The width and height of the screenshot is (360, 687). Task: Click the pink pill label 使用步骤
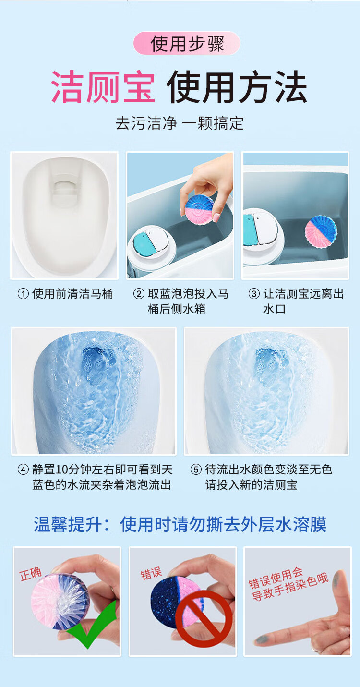click(187, 43)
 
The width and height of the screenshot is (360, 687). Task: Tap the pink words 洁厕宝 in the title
click(103, 87)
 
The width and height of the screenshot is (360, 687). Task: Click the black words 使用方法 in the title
click(237, 87)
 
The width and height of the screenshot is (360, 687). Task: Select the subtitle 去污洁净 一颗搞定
click(180, 123)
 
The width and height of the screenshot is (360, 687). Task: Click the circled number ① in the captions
click(24, 294)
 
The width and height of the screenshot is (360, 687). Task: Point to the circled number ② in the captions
click(139, 294)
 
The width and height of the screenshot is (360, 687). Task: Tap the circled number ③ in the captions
click(254, 294)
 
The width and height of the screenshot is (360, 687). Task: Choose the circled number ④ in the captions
click(24, 470)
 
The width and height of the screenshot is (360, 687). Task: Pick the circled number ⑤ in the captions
click(196, 470)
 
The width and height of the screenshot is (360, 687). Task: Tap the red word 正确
click(30, 574)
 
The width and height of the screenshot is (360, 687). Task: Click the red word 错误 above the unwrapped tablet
click(151, 573)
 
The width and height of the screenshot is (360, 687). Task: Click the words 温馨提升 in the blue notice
click(68, 524)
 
